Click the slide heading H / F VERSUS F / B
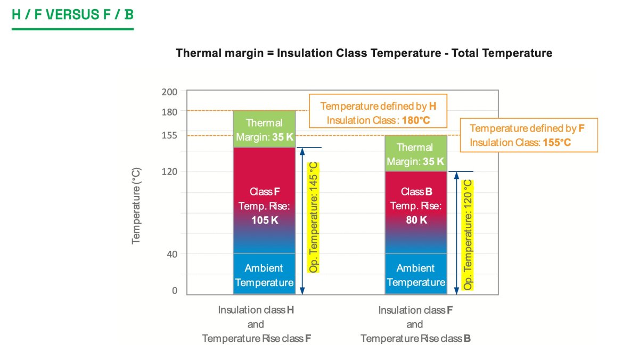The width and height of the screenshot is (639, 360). click(x=72, y=14)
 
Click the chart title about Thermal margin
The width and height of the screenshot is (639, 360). click(x=364, y=53)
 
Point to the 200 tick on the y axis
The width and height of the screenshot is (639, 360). click(x=169, y=92)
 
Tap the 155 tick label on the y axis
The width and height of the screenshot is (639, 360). click(x=169, y=135)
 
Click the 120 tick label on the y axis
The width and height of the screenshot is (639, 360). click(x=169, y=171)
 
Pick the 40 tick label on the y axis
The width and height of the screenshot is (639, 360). click(x=171, y=254)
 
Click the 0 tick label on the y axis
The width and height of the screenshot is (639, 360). click(x=174, y=291)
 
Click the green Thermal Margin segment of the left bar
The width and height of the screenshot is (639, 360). click(x=264, y=129)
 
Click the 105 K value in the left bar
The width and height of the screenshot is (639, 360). click(x=264, y=219)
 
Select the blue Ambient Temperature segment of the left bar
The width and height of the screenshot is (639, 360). click(x=264, y=275)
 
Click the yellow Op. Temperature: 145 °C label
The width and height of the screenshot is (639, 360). click(x=314, y=217)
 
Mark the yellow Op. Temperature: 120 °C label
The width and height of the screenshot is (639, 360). click(x=468, y=235)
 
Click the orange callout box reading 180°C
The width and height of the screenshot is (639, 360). click(x=378, y=113)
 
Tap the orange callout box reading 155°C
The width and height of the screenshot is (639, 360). click(x=529, y=135)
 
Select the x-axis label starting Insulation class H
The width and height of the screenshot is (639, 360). click(x=256, y=324)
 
